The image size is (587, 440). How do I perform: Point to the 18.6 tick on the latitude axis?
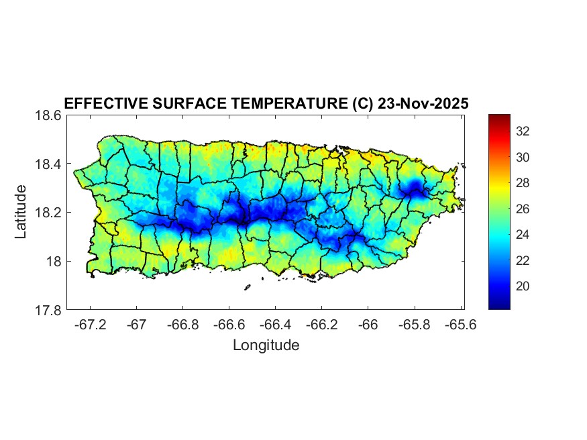pyautogui.click(x=48, y=115)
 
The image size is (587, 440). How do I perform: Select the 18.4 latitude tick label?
pyautogui.click(x=48, y=164)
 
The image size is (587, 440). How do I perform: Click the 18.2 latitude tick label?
pyautogui.click(x=48, y=213)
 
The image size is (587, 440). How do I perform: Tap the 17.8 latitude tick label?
pyautogui.click(x=48, y=311)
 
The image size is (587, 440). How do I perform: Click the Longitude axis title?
pyautogui.click(x=266, y=345)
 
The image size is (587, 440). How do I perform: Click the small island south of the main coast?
pyautogui.click(x=247, y=287)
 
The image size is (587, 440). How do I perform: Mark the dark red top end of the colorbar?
pyautogui.click(x=499, y=117)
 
